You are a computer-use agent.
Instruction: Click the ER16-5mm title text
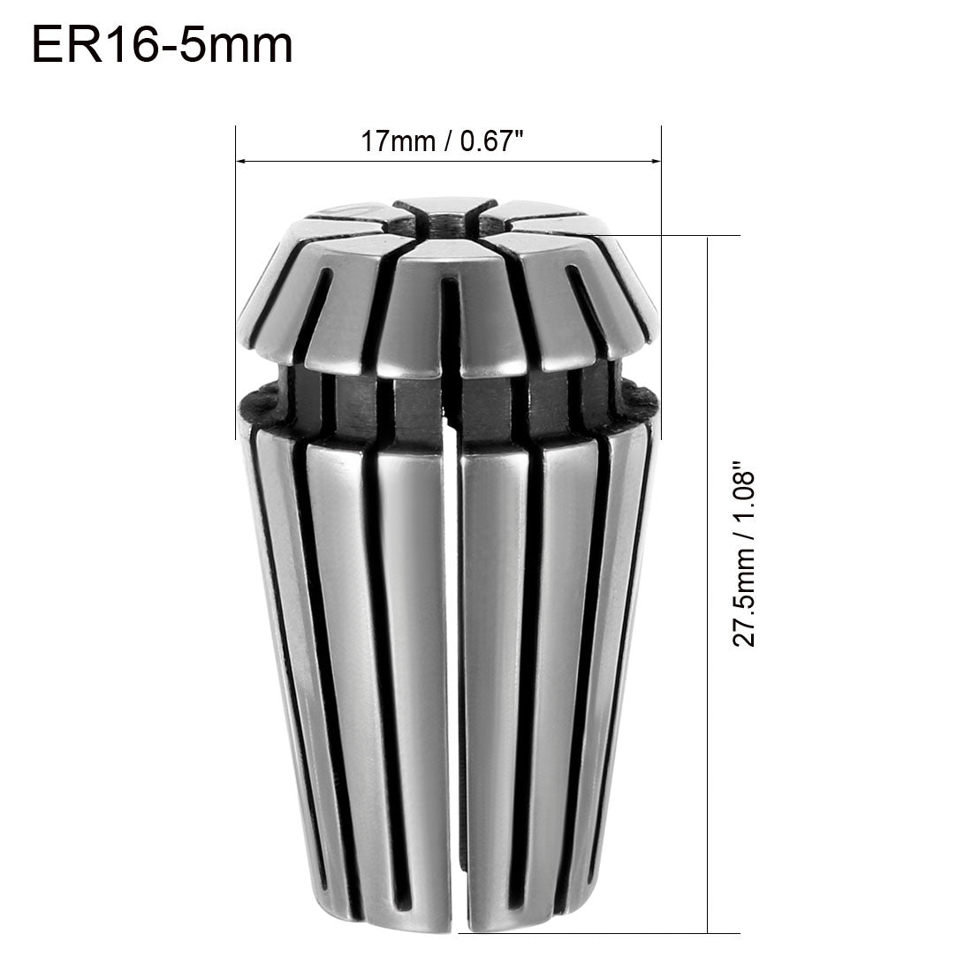[162, 44]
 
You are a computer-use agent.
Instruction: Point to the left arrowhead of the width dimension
[241, 161]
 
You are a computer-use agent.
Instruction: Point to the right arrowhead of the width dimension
[655, 161]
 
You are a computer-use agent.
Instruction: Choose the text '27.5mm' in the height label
[748, 601]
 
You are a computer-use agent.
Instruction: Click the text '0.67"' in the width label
[482, 141]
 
